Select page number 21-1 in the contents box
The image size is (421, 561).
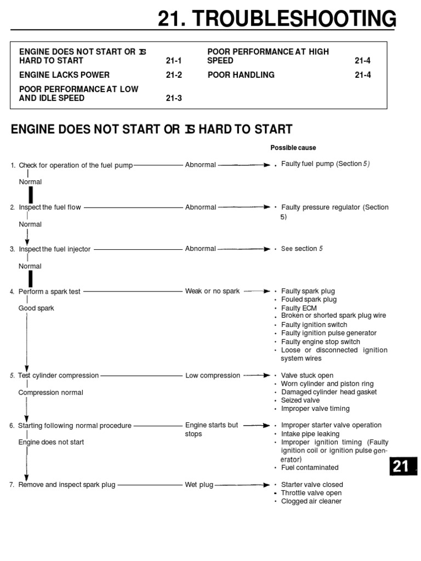(x=173, y=61)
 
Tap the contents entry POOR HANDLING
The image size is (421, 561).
(x=241, y=75)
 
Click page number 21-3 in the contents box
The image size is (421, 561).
(x=173, y=99)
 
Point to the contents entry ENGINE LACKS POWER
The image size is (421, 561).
(x=64, y=75)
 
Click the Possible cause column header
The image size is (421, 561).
(x=293, y=148)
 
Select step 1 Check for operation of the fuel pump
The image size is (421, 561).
(x=75, y=165)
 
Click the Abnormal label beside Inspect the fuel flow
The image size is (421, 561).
(x=201, y=208)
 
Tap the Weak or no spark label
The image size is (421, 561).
(x=212, y=291)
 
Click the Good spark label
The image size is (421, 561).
(x=36, y=308)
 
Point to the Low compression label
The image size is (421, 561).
(x=213, y=376)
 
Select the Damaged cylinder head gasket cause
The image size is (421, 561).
(x=329, y=392)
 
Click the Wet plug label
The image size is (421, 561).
(x=199, y=485)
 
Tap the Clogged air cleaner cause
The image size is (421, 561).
(x=311, y=501)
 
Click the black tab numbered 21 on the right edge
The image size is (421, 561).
(x=401, y=466)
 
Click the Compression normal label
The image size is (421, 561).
(x=51, y=393)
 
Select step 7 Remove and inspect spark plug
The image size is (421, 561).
(x=66, y=485)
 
